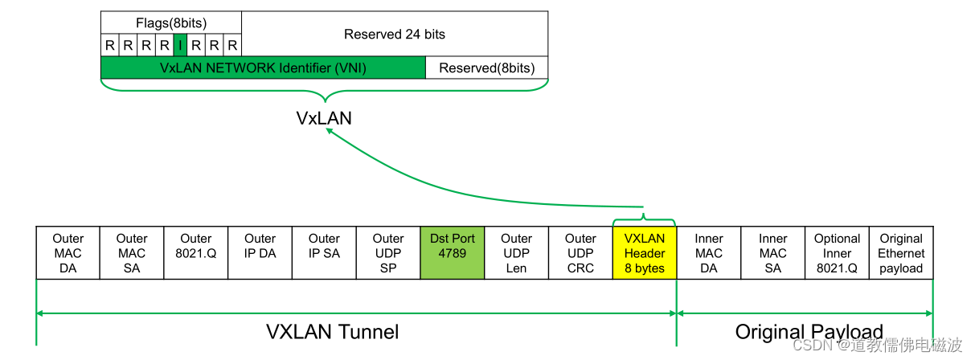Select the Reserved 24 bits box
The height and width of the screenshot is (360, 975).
394,34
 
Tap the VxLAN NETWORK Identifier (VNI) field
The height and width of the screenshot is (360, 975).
263,68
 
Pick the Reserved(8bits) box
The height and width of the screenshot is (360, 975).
486,68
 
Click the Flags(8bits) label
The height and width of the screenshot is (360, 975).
171,23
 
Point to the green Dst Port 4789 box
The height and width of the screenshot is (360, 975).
453,253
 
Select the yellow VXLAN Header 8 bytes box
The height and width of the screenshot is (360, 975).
645,253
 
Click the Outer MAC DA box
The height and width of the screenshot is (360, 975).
68,253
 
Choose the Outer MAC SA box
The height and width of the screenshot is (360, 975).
132,253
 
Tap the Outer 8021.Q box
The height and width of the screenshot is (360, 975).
196,253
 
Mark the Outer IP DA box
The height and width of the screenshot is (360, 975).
260,253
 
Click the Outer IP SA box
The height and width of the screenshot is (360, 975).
324,253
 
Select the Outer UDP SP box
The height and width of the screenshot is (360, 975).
388,253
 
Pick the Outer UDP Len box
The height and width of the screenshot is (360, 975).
517,253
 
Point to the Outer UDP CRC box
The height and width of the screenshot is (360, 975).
580,253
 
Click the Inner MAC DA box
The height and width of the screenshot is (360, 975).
709,253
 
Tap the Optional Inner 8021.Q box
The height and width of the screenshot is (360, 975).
837,253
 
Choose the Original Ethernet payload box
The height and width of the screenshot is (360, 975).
901,253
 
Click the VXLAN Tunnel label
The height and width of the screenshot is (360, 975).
332,332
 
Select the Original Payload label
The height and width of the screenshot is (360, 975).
809,332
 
